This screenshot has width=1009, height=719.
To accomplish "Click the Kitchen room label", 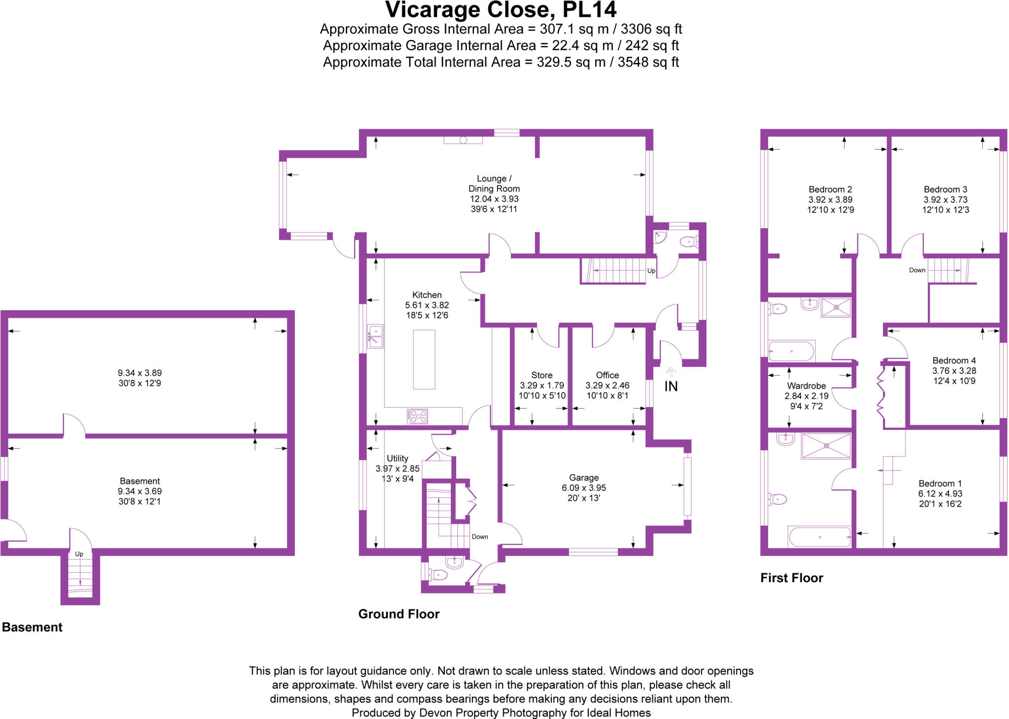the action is point(427,295).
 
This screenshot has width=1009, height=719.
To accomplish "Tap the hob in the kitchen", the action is point(417,417).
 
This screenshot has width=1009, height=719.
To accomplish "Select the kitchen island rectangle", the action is point(424,359).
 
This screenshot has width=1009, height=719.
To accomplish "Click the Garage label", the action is point(584,478).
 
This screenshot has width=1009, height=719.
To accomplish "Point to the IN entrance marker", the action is point(671,387).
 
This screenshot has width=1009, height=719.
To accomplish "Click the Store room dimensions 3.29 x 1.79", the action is point(542,386).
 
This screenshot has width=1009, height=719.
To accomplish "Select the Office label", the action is point(607,375).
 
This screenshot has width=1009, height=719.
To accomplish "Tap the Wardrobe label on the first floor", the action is point(807,386).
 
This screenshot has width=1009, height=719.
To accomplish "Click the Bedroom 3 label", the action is point(945,190).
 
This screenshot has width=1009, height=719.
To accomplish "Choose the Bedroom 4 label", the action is point(954,360).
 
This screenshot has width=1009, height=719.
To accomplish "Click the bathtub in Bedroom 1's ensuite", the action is point(820,537).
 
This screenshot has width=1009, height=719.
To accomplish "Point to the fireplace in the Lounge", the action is point(463,140).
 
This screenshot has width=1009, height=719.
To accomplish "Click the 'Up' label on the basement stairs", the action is point(79,554).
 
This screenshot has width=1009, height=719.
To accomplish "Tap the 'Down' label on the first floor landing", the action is point(917,270).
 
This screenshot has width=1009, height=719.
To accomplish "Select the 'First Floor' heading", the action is point(792,578).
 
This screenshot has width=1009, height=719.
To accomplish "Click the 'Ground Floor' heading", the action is point(399,614).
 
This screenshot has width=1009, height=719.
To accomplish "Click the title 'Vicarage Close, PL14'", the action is point(501,10).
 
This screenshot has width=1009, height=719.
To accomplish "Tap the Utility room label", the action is point(397,458).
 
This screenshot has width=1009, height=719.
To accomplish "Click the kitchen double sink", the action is point(375,336).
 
